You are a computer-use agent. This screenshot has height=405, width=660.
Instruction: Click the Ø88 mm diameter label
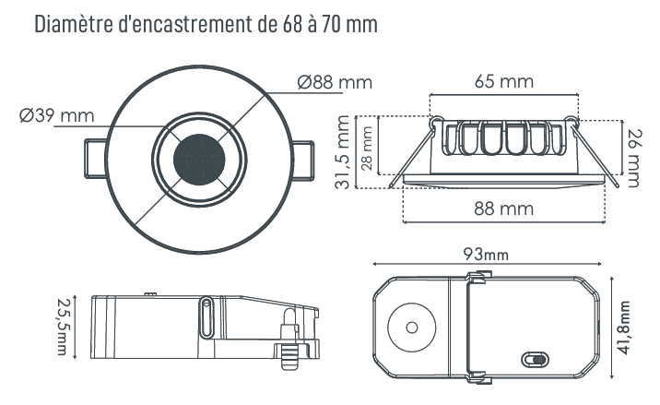pyautogui.click(x=335, y=82)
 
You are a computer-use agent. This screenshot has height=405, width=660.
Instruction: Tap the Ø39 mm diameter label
pyautogui.click(x=57, y=115)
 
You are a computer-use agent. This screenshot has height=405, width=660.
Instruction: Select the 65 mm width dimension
pyautogui.click(x=504, y=81)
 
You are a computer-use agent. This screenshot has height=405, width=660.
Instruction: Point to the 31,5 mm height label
pyautogui.click(x=343, y=152)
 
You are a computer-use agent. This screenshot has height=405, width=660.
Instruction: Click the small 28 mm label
pyautogui.click(x=367, y=148)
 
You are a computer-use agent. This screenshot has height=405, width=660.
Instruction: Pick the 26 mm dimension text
pyautogui.click(x=632, y=158)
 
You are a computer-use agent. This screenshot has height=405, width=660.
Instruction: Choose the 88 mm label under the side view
pyautogui.click(x=504, y=208)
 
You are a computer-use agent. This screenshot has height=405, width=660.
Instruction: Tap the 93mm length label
pyautogui.click(x=486, y=254)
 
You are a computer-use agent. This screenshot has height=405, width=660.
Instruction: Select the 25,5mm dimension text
pyautogui.click(x=63, y=327)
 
